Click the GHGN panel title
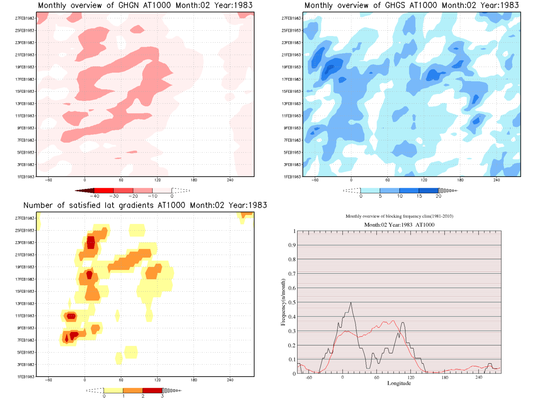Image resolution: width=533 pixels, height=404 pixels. click(x=145, y=6)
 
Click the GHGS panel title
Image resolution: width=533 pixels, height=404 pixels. click(x=411, y=6)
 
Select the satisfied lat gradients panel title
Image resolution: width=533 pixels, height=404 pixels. click(x=145, y=206)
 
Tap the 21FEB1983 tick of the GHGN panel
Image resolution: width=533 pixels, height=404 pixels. click(x=25, y=55)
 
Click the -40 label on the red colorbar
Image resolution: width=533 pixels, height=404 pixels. click(x=95, y=196)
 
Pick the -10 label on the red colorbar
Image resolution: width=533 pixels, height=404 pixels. click(x=152, y=196)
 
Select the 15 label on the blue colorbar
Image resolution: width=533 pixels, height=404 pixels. click(x=419, y=196)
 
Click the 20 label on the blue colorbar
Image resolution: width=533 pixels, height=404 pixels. click(x=439, y=196)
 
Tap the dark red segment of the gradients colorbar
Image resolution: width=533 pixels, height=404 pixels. click(x=152, y=390)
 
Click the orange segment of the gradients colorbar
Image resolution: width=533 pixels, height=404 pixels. click(x=133, y=390)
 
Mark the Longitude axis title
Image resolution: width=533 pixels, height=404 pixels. click(x=399, y=383)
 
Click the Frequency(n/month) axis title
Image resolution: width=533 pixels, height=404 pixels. click(x=283, y=303)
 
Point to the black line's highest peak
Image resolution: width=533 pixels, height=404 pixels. click(x=351, y=303)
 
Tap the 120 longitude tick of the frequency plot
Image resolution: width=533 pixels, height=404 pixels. click(x=411, y=377)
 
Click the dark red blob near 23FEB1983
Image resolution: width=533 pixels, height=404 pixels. click(x=91, y=243)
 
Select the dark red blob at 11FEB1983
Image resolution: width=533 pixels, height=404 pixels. click(x=71, y=316)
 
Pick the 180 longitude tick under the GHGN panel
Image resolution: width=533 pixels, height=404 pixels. click(x=194, y=180)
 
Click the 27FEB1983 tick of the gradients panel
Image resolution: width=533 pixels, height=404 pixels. click(x=25, y=218)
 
